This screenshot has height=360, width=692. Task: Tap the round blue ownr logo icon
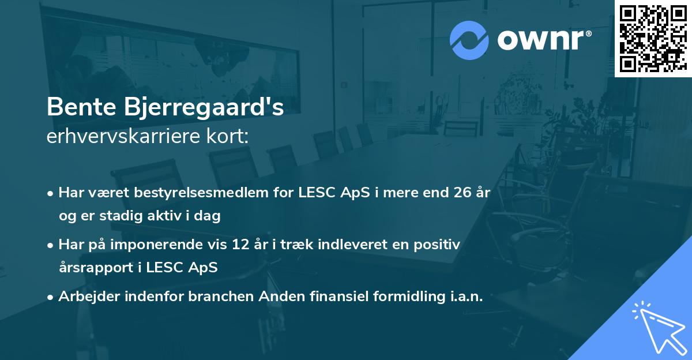point(469,40)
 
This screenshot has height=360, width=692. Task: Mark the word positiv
point(439,245)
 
